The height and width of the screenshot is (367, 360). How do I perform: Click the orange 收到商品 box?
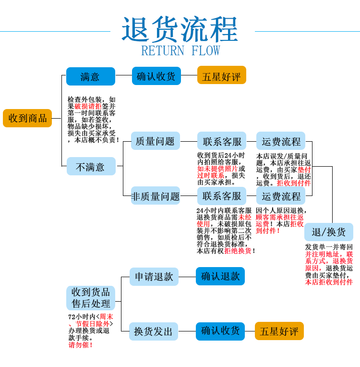pos(27,118)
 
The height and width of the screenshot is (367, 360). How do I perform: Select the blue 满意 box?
pos(90,76)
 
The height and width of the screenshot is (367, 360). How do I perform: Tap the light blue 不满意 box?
pos(90,167)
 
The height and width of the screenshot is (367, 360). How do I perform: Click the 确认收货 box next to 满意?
pos(156,76)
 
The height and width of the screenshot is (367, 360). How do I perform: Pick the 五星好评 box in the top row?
pos(221,76)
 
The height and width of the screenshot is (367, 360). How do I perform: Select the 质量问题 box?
pos(155,141)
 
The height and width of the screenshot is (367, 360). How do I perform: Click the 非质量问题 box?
pos(155,196)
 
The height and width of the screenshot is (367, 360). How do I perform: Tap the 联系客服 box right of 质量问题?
pos(222,141)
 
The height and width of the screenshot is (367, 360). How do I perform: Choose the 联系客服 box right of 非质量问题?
pos(222,196)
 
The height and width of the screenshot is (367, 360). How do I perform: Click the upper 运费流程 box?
pos(281,141)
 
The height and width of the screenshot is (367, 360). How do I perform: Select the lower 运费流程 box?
pos(281,196)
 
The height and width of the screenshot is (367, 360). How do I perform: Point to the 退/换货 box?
pos(328,232)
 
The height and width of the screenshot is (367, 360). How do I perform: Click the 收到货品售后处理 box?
pos(91,297)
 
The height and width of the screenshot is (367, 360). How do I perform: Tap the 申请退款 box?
pos(154,276)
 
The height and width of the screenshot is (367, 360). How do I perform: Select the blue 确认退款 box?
pos(220,276)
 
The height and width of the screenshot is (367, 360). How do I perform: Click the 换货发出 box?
pos(154,331)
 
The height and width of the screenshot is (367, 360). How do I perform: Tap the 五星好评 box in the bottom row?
pos(279,331)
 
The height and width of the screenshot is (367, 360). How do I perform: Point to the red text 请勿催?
pos(81,345)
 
